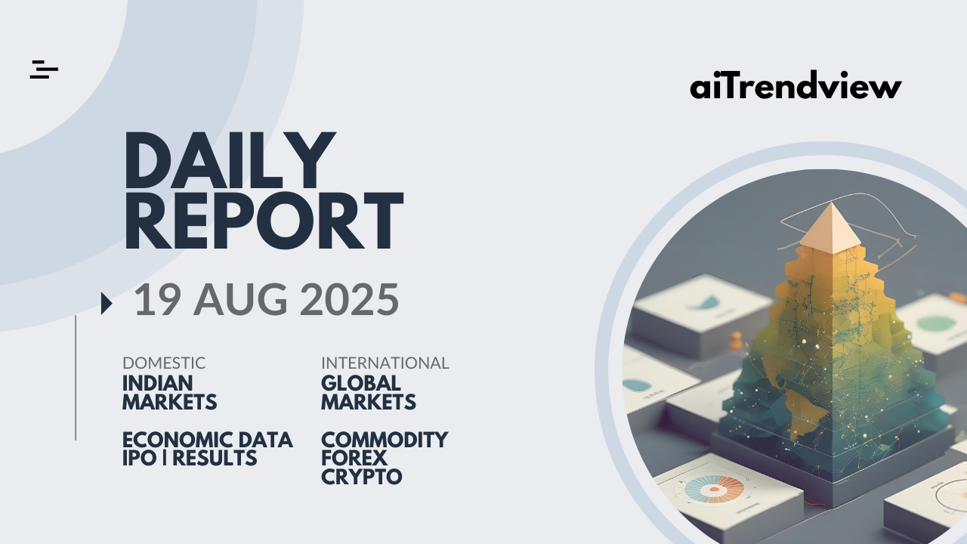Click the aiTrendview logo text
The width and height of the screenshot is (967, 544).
[x=796, y=85]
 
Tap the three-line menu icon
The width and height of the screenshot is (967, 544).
[x=44, y=70]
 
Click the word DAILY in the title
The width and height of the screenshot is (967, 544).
[x=230, y=160]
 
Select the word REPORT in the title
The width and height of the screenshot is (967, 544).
[x=264, y=221]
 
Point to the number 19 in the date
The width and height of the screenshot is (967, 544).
[x=157, y=299]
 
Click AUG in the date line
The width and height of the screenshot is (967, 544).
[x=240, y=299]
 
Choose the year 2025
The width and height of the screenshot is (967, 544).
[x=349, y=299]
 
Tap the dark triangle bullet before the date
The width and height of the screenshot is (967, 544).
[x=107, y=303]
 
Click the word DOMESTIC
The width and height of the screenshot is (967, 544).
[x=164, y=363]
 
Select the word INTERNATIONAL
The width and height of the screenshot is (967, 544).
[x=385, y=363]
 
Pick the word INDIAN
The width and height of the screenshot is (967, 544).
[x=158, y=383]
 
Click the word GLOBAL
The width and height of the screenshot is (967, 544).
[x=361, y=383]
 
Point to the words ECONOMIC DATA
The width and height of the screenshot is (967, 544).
[x=208, y=440]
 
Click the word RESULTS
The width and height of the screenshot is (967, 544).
[x=215, y=458]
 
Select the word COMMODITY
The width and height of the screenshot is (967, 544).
[x=385, y=440]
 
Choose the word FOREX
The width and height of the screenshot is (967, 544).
[x=354, y=458]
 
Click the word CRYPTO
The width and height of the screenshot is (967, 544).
[x=361, y=477]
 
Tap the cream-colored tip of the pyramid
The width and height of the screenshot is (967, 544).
[x=830, y=229]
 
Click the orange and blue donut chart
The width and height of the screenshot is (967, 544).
[x=714, y=489]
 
